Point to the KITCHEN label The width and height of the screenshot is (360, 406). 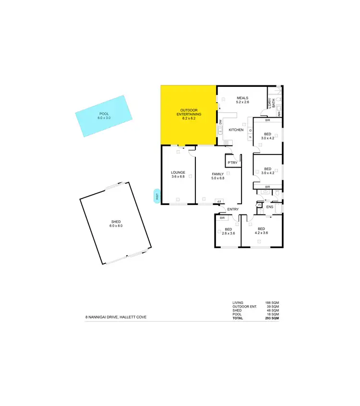click(236, 130)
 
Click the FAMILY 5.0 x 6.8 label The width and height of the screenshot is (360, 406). click(218, 176)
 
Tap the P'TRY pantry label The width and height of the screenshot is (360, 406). click(232, 163)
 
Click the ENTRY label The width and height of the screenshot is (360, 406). click(233, 209)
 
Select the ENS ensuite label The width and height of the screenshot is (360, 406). click(269, 207)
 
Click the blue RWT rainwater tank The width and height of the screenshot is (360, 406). click(156, 196)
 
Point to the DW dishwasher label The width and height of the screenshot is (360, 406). click(220, 123)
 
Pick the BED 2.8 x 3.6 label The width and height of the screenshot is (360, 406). click(228, 231)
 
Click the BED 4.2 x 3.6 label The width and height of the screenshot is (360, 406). click(261, 230)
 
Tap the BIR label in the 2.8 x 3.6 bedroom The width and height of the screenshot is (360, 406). click(222, 218)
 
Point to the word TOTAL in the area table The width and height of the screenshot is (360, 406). click(238, 318)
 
